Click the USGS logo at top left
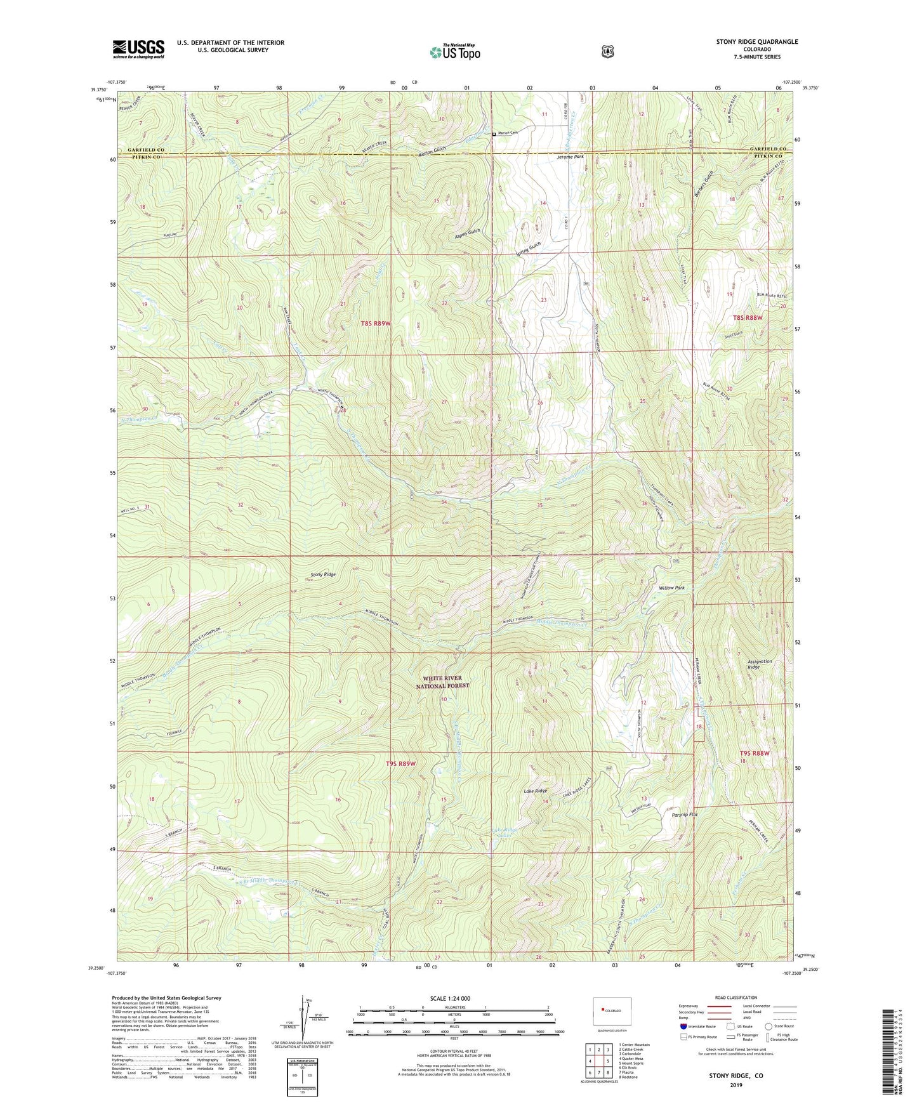[x=138, y=48]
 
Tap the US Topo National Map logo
[x=454, y=52]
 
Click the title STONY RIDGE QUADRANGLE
[x=757, y=42]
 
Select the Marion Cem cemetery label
[x=508, y=133]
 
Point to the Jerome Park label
[x=570, y=156]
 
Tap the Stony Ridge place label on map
[x=323, y=574]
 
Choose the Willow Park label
[x=671, y=588]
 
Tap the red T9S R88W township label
[x=754, y=753]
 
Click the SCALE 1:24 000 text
[x=450, y=998]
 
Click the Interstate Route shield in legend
[x=683, y=1026]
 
